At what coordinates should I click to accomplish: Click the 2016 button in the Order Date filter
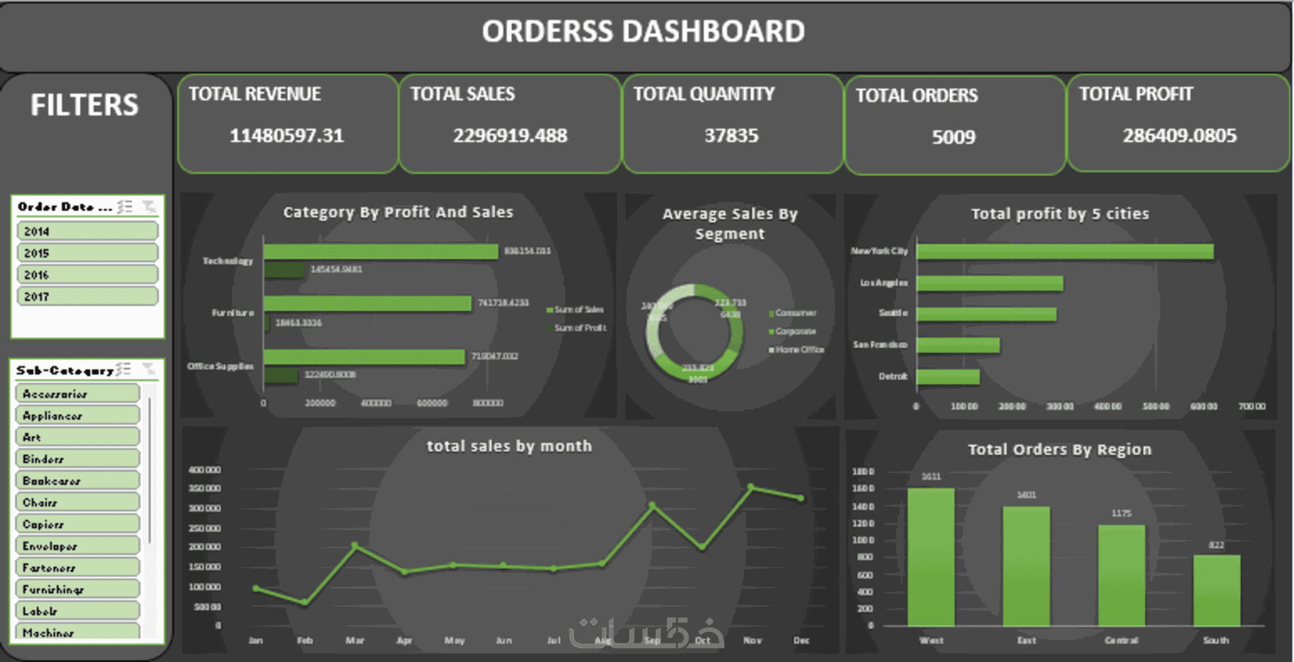pyautogui.click(x=87, y=275)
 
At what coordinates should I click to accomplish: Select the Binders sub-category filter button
pyautogui.click(x=77, y=459)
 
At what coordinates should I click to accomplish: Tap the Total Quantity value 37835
pyautogui.click(x=731, y=136)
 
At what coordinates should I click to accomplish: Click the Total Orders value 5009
pyautogui.click(x=953, y=137)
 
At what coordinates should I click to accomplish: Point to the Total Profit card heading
pyautogui.click(x=1136, y=94)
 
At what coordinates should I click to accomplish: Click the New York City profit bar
pyautogui.click(x=1065, y=252)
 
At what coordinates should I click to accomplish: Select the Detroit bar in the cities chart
pyautogui.click(x=948, y=376)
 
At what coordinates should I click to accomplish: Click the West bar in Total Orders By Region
pyautogui.click(x=931, y=556)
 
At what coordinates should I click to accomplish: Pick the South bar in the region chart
pyautogui.click(x=1216, y=590)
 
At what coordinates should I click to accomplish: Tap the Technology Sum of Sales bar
pyautogui.click(x=381, y=252)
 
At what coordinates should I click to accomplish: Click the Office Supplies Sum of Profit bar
pyautogui.click(x=281, y=375)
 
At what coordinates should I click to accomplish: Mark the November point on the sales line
pyautogui.click(x=751, y=487)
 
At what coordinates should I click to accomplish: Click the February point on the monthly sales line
pyautogui.click(x=304, y=602)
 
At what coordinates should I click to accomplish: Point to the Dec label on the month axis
pyautogui.click(x=801, y=640)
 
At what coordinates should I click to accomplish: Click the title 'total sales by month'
pyautogui.click(x=509, y=446)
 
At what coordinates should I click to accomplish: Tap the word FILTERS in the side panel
pyautogui.click(x=85, y=105)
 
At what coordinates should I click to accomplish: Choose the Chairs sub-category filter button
pyautogui.click(x=77, y=502)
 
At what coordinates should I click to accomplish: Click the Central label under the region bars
pyautogui.click(x=1121, y=640)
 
